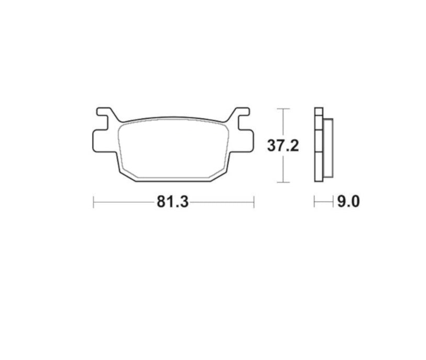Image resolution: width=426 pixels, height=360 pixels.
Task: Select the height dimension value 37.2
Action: pyautogui.click(x=283, y=146)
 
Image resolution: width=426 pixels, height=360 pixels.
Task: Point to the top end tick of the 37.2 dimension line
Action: pyautogui.click(x=283, y=108)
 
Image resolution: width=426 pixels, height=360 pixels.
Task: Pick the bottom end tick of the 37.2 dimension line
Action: pyautogui.click(x=283, y=182)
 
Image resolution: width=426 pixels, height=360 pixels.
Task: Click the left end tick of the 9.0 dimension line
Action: pyautogui.click(x=314, y=201)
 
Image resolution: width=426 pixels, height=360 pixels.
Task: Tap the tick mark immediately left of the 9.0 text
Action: pyautogui.click(x=333, y=201)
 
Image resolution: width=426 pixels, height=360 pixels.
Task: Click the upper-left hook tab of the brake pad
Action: pyautogui.click(x=104, y=113)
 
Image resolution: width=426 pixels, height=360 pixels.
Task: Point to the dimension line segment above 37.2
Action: pyautogui.click(x=283, y=123)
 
